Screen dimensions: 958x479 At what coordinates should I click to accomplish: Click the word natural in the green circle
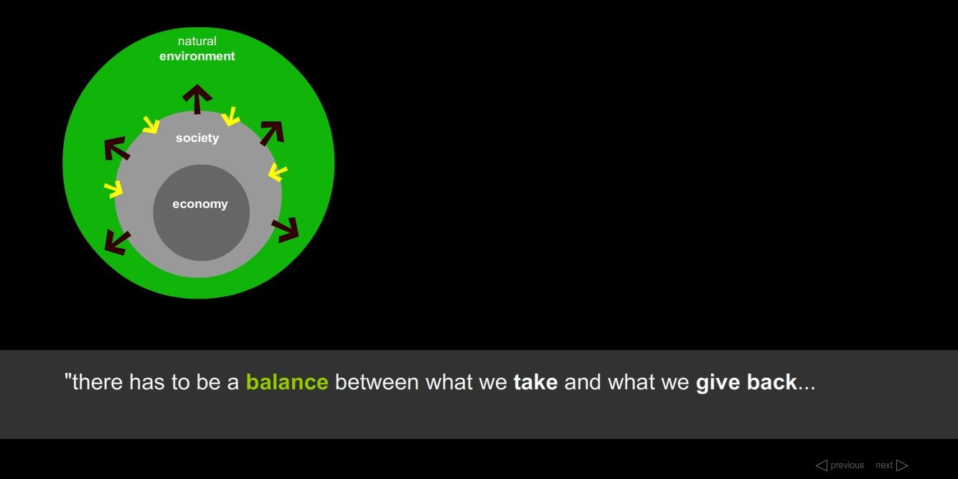197,41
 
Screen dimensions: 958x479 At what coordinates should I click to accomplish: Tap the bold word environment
197,56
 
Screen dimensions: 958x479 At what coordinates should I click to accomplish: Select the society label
197,138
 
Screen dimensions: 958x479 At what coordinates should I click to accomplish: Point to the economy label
200,204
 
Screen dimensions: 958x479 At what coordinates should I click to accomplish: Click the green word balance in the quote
287,382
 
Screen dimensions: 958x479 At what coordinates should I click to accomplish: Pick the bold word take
535,382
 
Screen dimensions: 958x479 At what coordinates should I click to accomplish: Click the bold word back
772,382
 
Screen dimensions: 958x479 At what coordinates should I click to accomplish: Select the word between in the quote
377,382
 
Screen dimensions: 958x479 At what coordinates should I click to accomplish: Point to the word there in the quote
98,382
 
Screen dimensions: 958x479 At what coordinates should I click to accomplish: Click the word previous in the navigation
847,465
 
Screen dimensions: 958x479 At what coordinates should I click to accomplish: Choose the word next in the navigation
883,465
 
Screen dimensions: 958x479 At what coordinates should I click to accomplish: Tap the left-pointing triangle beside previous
822,465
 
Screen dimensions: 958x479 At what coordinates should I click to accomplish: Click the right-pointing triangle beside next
902,465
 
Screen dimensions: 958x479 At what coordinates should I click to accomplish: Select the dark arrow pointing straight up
197,99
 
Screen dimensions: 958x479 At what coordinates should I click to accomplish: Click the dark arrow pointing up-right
272,133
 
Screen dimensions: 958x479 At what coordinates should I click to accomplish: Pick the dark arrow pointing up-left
117,148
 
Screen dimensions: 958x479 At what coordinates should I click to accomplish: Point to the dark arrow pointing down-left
117,242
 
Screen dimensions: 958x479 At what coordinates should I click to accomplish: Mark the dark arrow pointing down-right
286,230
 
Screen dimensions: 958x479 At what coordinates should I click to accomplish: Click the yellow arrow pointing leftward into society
278,172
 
